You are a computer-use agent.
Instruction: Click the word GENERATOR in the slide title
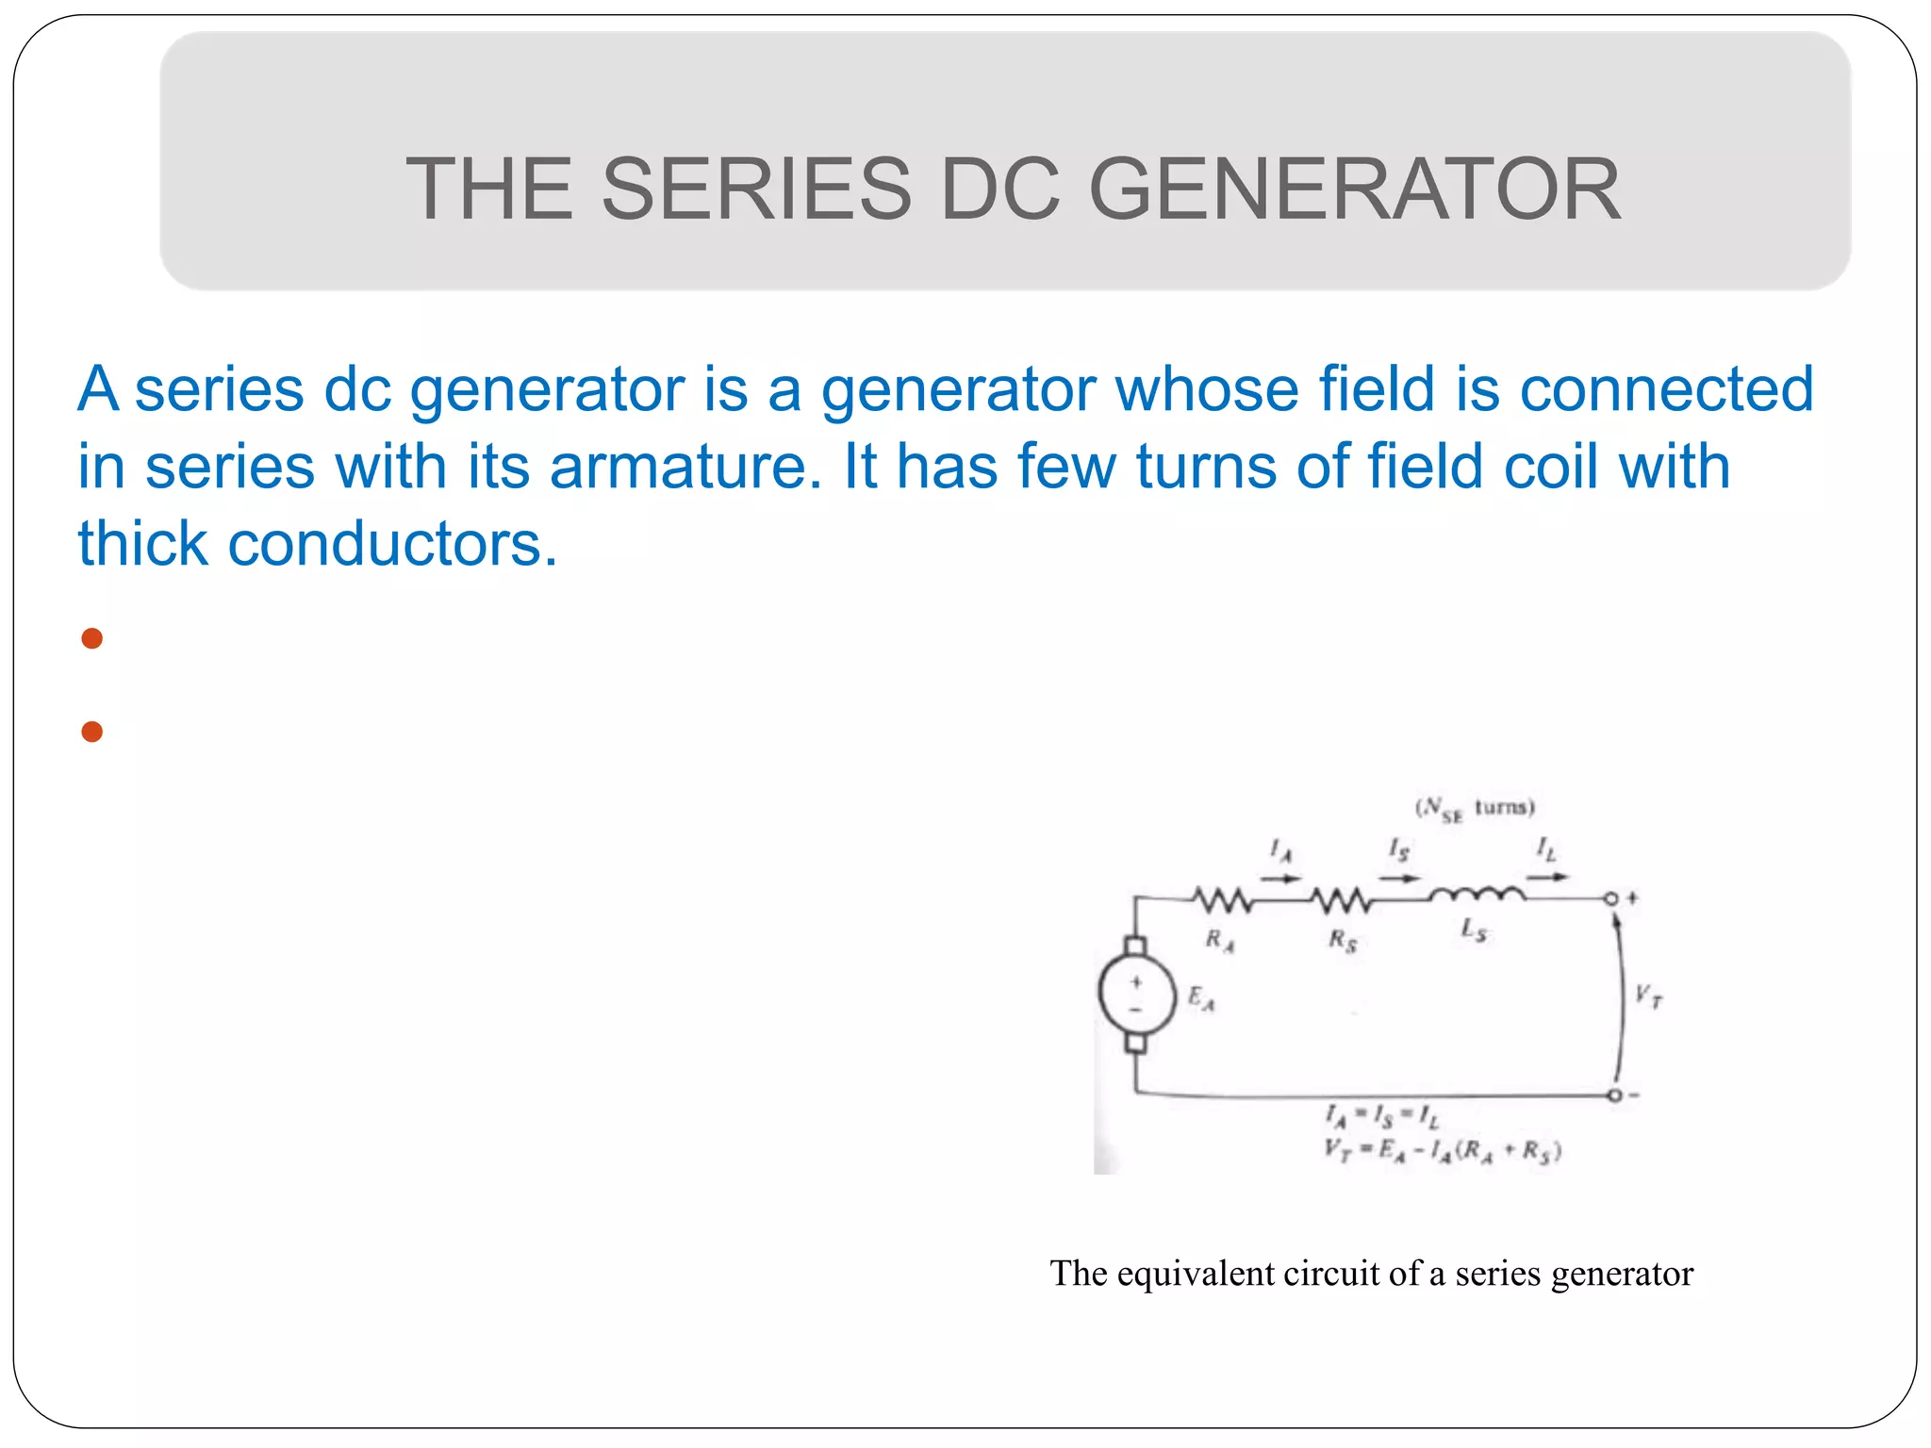(x=1355, y=189)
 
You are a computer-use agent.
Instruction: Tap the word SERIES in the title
(x=756, y=189)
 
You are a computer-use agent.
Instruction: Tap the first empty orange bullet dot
(x=91, y=639)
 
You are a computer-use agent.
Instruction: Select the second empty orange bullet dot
(x=91, y=732)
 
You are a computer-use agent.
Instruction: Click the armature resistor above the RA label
(x=1223, y=901)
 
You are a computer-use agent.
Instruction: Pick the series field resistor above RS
(x=1342, y=901)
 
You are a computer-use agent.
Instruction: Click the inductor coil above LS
(x=1477, y=894)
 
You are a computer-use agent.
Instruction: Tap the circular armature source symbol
(x=1137, y=995)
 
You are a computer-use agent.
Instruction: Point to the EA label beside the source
(x=1201, y=997)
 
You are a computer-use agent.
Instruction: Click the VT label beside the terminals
(x=1648, y=995)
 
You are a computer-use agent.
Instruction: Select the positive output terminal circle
(x=1611, y=898)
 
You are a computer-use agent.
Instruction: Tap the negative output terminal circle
(x=1614, y=1095)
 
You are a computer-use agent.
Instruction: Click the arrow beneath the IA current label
(x=1280, y=879)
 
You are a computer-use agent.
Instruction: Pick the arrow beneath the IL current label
(x=1547, y=878)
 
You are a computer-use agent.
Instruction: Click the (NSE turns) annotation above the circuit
(x=1475, y=809)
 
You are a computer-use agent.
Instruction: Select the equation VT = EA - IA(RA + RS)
(x=1442, y=1151)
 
